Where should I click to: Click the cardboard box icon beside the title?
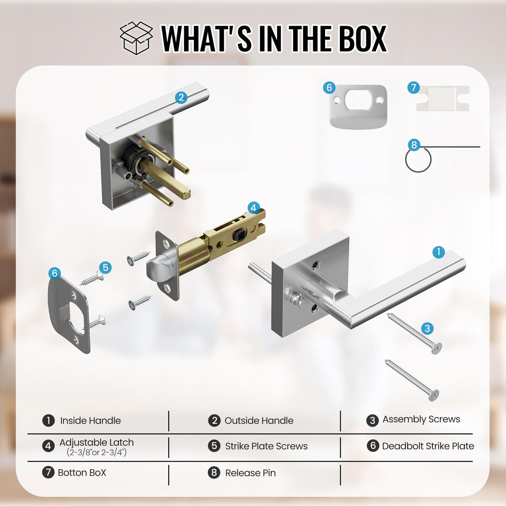point(136,38)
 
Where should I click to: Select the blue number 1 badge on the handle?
point(438,252)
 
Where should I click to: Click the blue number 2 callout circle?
point(181,98)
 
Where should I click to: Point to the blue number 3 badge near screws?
point(427,328)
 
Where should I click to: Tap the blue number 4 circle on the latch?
point(253,208)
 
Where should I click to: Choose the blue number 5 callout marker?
point(105,268)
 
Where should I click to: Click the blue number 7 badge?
point(414,87)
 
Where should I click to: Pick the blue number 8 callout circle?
point(414,145)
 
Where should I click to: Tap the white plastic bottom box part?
point(443,98)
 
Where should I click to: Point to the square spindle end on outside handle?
point(186,194)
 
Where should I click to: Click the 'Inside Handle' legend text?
point(90,420)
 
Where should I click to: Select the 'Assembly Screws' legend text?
point(421,419)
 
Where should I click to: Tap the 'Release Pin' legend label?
point(250,473)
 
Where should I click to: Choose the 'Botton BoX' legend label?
point(82,473)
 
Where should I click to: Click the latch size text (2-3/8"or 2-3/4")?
point(97,452)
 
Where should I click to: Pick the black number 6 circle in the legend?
point(373,446)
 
